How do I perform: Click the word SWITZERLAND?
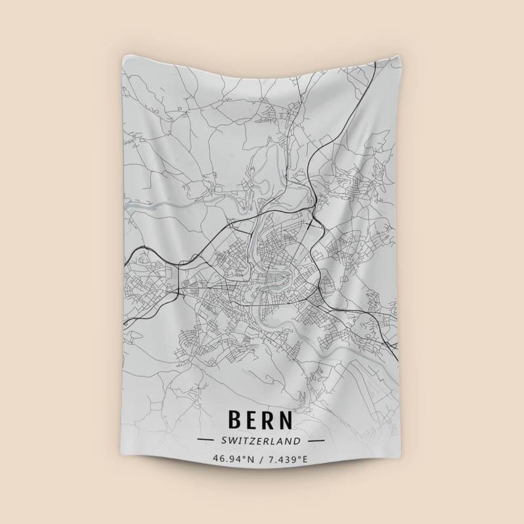pyautogui.click(x=261, y=440)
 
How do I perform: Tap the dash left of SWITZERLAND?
pyautogui.click(x=205, y=440)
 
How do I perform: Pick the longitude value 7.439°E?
pyautogui.click(x=286, y=459)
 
